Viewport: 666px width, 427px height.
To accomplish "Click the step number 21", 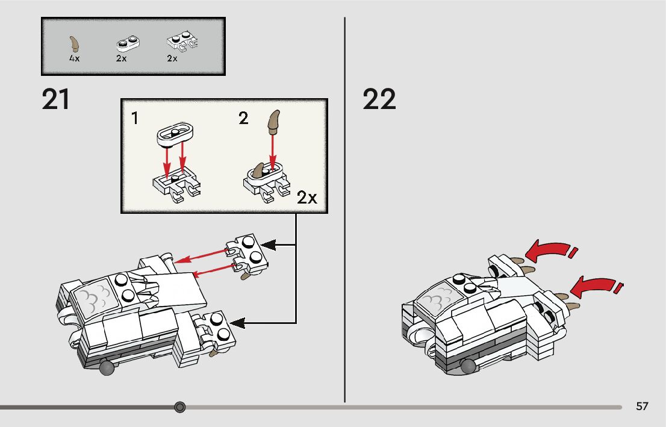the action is [x=56, y=100].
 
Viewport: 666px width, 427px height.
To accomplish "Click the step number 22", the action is [x=379, y=100].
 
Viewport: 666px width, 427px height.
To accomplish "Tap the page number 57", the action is [x=642, y=407].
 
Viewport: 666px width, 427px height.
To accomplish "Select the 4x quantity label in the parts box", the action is [x=74, y=59].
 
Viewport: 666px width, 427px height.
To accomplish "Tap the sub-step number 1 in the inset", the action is [x=135, y=119].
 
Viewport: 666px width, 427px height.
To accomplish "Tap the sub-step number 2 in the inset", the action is [x=243, y=119].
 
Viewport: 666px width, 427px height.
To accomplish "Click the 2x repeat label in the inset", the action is [x=307, y=198].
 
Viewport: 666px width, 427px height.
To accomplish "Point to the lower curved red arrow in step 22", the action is [x=594, y=285].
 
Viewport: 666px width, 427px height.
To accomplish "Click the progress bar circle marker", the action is [x=179, y=408].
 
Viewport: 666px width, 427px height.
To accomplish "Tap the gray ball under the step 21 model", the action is [x=106, y=368].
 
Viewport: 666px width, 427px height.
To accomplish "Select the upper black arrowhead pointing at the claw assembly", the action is [x=270, y=245].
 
